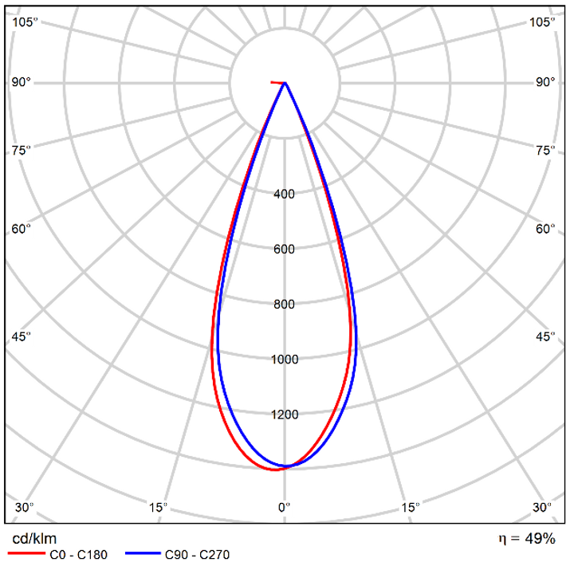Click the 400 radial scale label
click(285, 194)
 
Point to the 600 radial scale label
click(285, 249)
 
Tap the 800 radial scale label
click(285, 304)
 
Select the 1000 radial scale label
click(285, 360)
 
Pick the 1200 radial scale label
click(285, 415)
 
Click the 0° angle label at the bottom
click(284, 507)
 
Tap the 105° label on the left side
click(25, 22)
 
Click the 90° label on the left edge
click(22, 82)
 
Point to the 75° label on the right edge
click(545, 150)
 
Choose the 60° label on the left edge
click(22, 230)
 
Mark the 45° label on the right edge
click(545, 336)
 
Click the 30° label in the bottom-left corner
click(25, 507)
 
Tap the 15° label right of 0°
click(410, 507)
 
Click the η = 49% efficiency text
click(526, 539)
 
